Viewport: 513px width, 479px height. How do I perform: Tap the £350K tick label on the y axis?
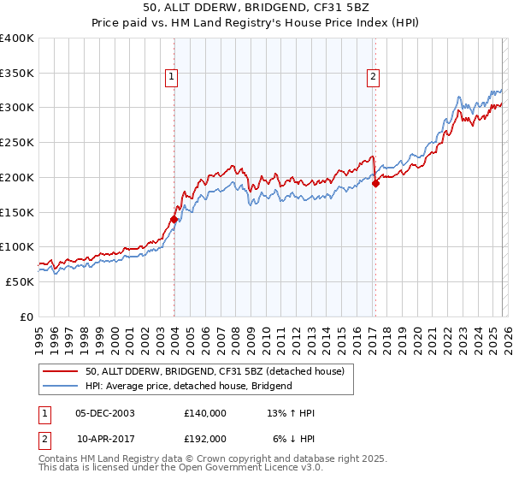[x=17, y=74]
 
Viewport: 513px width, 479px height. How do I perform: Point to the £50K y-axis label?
[x=20, y=281]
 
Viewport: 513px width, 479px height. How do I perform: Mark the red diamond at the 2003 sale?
[x=174, y=219]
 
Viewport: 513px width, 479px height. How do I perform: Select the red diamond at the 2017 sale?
[x=375, y=183]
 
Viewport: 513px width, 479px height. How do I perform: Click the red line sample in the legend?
[x=61, y=371]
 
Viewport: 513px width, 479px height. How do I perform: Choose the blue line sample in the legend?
[x=61, y=386]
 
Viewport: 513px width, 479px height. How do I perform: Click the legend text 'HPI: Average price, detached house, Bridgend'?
[x=188, y=386]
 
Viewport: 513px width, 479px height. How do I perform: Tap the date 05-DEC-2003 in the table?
[x=105, y=413]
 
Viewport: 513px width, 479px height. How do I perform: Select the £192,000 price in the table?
[x=204, y=437]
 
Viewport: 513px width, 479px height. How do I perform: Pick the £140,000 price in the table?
[x=204, y=413]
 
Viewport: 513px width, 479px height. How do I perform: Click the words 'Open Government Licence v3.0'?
[x=248, y=469]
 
